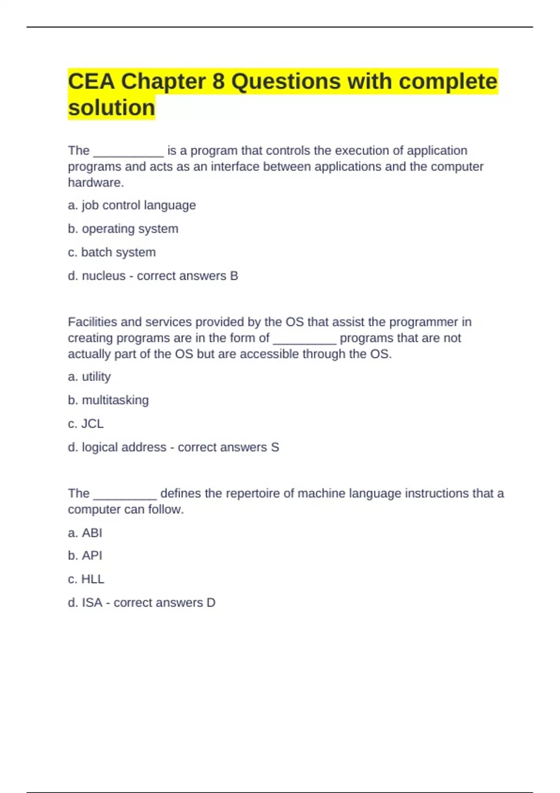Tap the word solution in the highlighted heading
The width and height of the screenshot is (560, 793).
(x=112, y=108)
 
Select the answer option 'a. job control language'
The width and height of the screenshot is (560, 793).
(x=132, y=205)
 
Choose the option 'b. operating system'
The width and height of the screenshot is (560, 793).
(x=123, y=229)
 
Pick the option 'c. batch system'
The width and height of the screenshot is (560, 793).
(x=112, y=252)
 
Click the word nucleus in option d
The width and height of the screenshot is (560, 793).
(x=104, y=276)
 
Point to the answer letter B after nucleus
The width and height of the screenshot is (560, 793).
(x=234, y=276)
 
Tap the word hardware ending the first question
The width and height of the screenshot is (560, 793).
(x=95, y=182)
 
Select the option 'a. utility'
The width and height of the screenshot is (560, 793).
(x=89, y=376)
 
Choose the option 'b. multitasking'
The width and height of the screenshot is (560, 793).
(x=108, y=400)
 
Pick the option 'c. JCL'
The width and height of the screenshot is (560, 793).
(x=86, y=424)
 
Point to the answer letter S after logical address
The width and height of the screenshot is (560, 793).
(x=275, y=447)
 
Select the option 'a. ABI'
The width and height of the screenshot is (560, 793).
(x=85, y=533)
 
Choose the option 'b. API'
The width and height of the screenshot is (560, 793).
(x=85, y=556)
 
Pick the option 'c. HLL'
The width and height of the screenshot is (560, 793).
(x=86, y=579)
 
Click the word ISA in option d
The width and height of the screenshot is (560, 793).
(x=92, y=603)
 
